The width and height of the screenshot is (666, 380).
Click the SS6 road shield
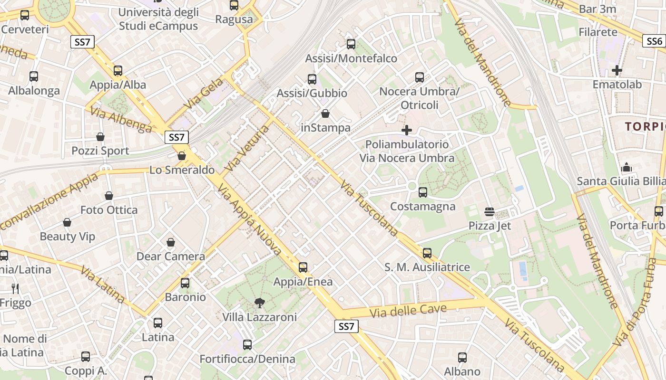[x=655, y=41]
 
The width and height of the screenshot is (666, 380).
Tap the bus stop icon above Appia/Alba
[x=118, y=71]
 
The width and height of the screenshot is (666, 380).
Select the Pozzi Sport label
[x=100, y=151]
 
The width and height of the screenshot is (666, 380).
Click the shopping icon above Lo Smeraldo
[x=182, y=156]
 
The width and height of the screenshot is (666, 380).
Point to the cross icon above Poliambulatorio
[x=407, y=130]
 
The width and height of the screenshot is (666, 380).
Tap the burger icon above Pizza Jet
[x=490, y=212]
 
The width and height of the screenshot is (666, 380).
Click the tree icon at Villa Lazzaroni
[x=260, y=303]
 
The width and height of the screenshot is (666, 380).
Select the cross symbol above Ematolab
[x=617, y=71]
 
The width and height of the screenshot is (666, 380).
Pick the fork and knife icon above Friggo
[x=15, y=288]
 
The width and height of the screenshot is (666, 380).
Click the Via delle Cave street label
[x=408, y=311]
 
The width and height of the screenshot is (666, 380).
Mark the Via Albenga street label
[x=121, y=120]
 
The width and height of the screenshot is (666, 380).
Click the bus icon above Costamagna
[x=423, y=192]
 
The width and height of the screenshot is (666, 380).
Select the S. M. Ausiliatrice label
[x=427, y=267]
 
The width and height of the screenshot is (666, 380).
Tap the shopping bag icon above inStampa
[x=325, y=114]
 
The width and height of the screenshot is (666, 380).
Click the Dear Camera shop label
[x=171, y=256]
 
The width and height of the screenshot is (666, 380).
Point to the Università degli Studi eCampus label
[x=158, y=19]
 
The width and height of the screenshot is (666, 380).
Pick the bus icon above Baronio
[x=185, y=283]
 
